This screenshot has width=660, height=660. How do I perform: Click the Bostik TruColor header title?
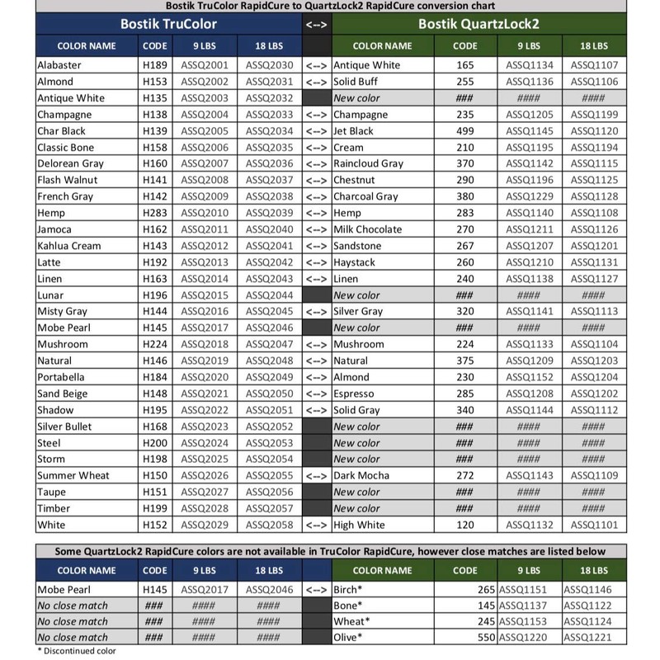point(169,24)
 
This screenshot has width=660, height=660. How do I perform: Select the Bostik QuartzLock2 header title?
point(478,24)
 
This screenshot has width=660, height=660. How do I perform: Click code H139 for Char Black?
point(155,131)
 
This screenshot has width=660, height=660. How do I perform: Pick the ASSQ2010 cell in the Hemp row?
point(204,213)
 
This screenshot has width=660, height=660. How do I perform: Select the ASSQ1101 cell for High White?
point(592,525)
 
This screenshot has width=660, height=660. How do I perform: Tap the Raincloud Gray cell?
point(368,163)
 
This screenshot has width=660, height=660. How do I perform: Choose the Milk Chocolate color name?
point(368,229)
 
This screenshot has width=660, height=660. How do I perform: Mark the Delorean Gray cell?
point(70,163)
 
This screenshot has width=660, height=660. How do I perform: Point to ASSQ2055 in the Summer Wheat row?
point(269,475)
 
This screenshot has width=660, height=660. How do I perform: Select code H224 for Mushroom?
point(155,344)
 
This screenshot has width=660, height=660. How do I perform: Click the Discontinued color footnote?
point(77,651)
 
